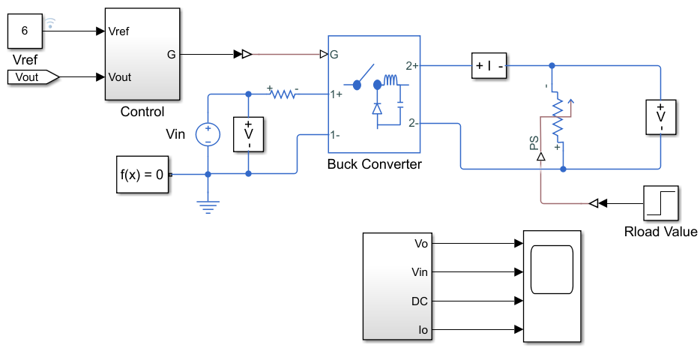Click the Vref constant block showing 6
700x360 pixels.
25,31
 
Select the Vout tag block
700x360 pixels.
33,77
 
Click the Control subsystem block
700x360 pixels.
142,53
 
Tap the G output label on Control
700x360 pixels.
172,55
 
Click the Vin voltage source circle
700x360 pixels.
208,134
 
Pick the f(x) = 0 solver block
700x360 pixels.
142,175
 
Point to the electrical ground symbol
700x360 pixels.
208,207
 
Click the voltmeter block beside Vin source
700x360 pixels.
249,134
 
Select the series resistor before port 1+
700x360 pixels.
283,94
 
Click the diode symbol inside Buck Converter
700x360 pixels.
377,109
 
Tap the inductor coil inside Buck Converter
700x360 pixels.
390,80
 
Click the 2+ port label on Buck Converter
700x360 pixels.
412,66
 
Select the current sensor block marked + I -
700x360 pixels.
489,66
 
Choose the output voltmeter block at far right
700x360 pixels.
661,117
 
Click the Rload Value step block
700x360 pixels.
661,204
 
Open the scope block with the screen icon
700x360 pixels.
552,286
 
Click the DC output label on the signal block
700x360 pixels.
420,301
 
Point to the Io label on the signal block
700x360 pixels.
423,330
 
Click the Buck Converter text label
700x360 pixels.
375,164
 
